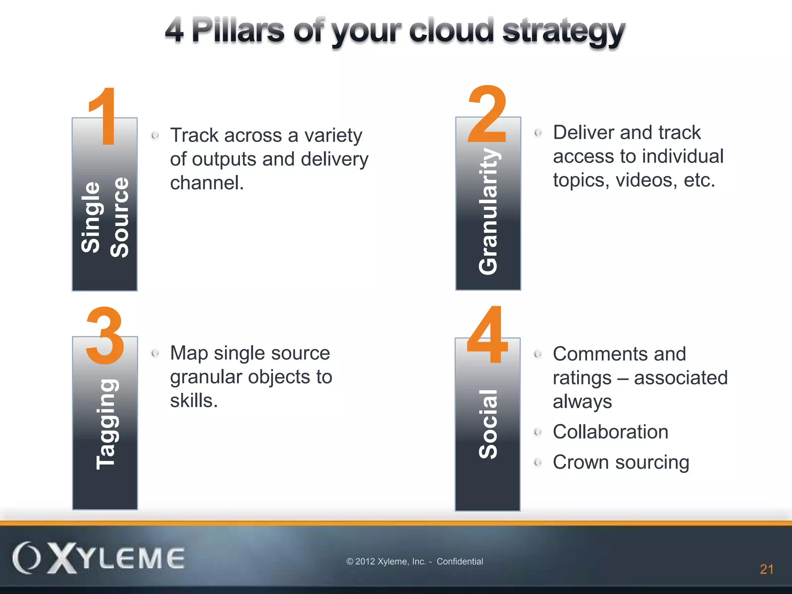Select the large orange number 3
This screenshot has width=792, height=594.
pyautogui.click(x=105, y=336)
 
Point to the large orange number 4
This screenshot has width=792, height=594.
pyautogui.click(x=487, y=335)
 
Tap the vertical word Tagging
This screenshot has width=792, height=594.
pyautogui.click(x=106, y=424)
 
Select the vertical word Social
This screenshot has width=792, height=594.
pyautogui.click(x=488, y=424)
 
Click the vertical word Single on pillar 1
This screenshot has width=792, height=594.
pyautogui.click(x=91, y=217)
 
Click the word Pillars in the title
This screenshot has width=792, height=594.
pyautogui.click(x=238, y=31)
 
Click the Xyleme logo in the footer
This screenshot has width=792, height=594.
pyautogui.click(x=98, y=558)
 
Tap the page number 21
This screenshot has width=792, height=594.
pyautogui.click(x=766, y=569)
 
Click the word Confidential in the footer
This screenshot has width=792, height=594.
pyautogui.click(x=460, y=562)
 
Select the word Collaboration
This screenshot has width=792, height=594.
pyautogui.click(x=610, y=432)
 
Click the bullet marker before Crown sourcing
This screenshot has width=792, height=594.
pyautogui.click(x=538, y=462)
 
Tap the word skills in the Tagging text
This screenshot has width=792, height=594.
pyautogui.click(x=194, y=401)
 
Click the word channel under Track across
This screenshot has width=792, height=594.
pyautogui.click(x=207, y=183)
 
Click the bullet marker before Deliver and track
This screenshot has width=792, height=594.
pyautogui.click(x=538, y=133)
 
